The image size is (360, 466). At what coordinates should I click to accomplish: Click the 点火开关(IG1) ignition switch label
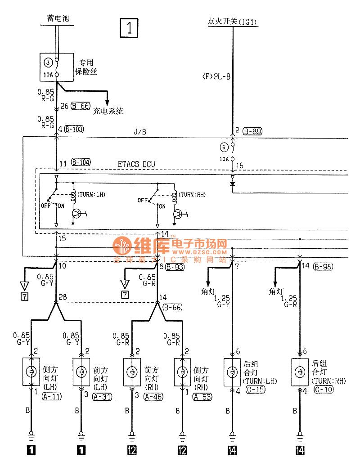click(232, 21)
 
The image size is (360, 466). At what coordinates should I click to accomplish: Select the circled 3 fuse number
click(49, 62)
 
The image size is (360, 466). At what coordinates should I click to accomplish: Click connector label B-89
click(252, 131)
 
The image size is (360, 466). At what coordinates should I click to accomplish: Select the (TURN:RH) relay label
click(192, 195)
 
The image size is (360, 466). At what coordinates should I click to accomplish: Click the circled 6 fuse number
click(225, 147)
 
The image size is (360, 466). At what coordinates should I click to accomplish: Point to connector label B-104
click(81, 162)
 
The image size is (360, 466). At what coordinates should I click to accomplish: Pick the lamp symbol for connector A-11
click(31, 372)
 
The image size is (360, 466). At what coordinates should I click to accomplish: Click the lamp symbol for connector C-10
click(300, 372)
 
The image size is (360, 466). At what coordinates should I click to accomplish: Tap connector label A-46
click(153, 397)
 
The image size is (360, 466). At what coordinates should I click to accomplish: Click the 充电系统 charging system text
click(108, 111)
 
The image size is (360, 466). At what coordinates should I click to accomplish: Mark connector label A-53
click(202, 397)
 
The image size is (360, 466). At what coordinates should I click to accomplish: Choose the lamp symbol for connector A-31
click(81, 372)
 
